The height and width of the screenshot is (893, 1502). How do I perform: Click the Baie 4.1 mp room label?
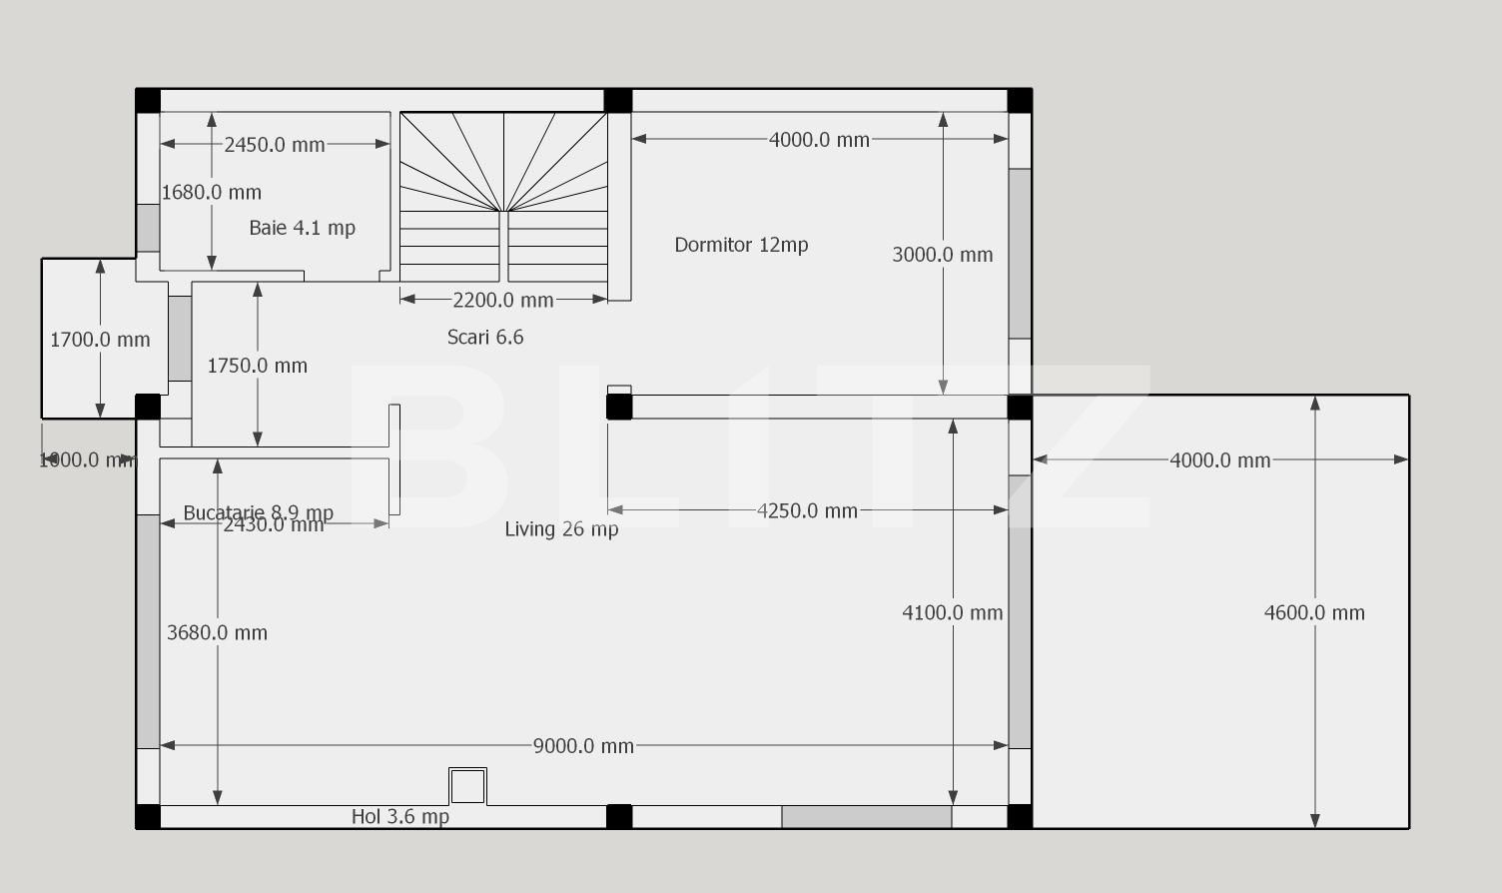[302, 228]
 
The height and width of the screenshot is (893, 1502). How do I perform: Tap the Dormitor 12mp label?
[741, 245]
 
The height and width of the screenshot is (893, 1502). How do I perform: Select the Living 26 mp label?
[561, 529]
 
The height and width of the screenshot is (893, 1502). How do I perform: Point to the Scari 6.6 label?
[485, 338]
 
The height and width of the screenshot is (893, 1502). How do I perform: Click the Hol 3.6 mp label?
[399, 817]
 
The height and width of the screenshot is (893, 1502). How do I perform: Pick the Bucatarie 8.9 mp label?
[258, 511]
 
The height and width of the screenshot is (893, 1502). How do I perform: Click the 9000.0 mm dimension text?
[583, 746]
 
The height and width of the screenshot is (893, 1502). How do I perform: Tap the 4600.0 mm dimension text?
[1314, 613]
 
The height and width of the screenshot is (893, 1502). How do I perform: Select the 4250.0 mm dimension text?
[807, 511]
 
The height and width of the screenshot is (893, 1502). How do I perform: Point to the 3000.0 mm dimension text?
[942, 255]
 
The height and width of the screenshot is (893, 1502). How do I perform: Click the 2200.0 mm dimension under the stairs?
[502, 300]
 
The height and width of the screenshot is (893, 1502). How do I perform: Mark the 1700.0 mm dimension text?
[100, 340]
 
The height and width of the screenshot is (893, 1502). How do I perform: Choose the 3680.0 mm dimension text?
[217, 632]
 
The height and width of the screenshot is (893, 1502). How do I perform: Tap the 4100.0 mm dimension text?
[952, 613]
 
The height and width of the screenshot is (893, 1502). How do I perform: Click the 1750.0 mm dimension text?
[257, 366]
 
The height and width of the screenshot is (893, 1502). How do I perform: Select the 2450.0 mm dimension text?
[275, 145]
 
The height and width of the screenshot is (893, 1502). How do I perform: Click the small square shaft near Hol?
[467, 786]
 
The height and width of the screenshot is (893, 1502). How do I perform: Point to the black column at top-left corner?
[148, 101]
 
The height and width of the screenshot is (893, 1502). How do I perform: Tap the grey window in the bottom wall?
[866, 817]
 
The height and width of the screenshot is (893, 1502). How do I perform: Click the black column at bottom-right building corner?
[1020, 816]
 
